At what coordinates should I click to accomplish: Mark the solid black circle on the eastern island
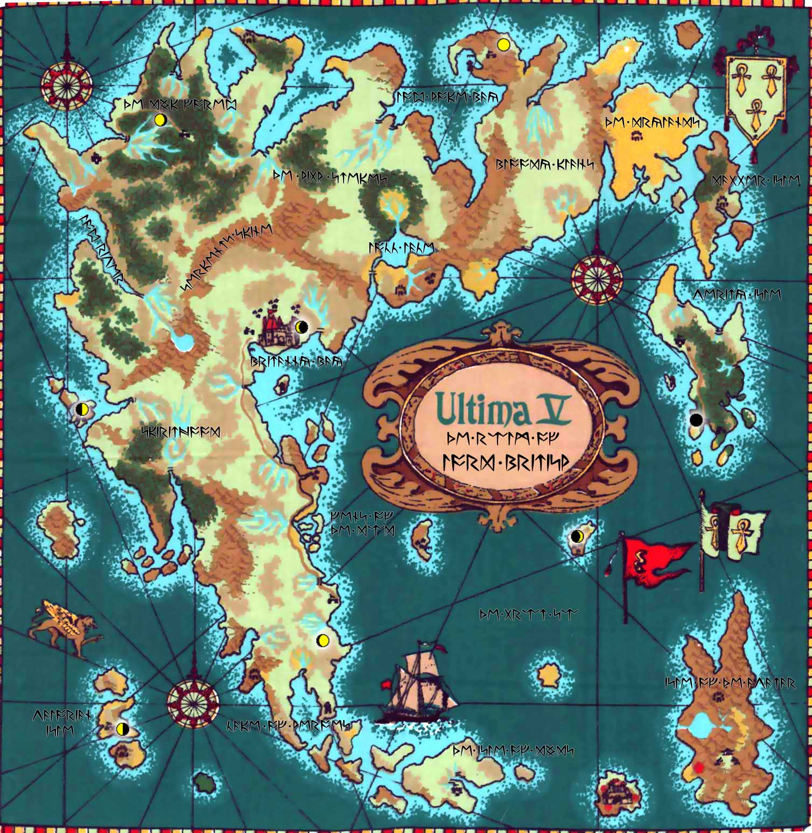pyautogui.click(x=696, y=418)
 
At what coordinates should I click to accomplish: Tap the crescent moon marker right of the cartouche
pyautogui.click(x=577, y=536)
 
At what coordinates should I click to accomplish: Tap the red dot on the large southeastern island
pyautogui.click(x=699, y=767)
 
